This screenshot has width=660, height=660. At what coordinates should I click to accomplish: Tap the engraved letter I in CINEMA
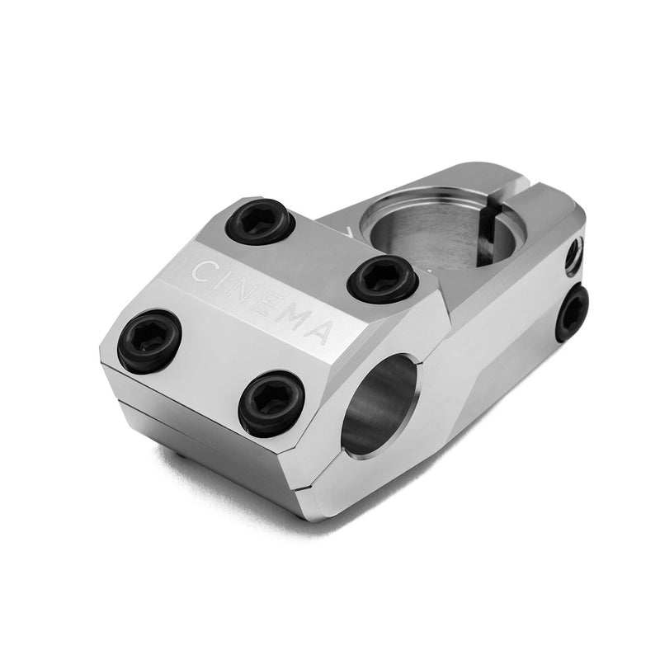point(224,281)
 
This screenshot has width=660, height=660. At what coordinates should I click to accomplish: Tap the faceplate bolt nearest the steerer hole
point(381,279)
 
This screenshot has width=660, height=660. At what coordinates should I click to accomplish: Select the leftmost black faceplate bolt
point(149,341)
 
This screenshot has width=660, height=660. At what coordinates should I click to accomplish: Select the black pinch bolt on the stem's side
point(572,313)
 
